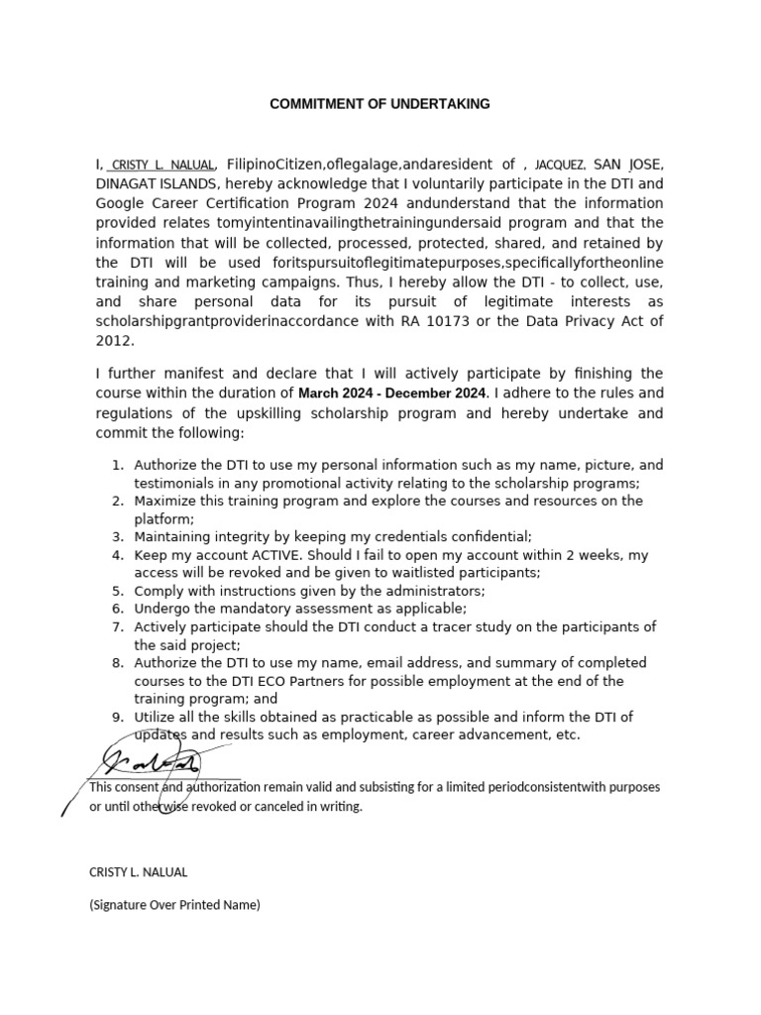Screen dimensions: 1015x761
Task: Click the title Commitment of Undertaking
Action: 380,104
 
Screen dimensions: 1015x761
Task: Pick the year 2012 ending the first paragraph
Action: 113,341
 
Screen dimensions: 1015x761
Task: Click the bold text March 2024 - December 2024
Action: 392,394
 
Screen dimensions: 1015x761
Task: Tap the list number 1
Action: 116,465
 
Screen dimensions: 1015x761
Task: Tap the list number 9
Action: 116,717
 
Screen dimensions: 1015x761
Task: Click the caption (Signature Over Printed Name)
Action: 174,904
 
